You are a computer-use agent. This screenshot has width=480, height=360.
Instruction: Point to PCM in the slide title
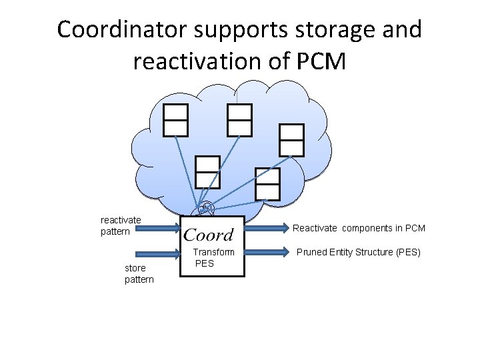pyautogui.click(x=319, y=61)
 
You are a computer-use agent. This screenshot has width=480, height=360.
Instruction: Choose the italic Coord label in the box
pyautogui.click(x=209, y=234)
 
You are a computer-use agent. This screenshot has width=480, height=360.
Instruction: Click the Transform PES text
pyautogui.click(x=213, y=257)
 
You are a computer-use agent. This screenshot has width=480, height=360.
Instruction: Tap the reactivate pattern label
pyautogui.click(x=121, y=225)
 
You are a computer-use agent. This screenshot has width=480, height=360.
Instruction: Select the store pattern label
pyautogui.click(x=139, y=273)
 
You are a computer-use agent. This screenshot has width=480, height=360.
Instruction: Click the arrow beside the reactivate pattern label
pyautogui.click(x=157, y=231)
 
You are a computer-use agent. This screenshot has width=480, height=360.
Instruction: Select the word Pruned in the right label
pyautogui.click(x=311, y=253)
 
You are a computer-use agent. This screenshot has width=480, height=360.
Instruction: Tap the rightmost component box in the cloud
pyautogui.click(x=291, y=140)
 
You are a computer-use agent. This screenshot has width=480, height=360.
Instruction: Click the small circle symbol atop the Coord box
pyautogui.click(x=207, y=207)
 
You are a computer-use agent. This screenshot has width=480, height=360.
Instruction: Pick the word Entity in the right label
pyautogui.click(x=341, y=253)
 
